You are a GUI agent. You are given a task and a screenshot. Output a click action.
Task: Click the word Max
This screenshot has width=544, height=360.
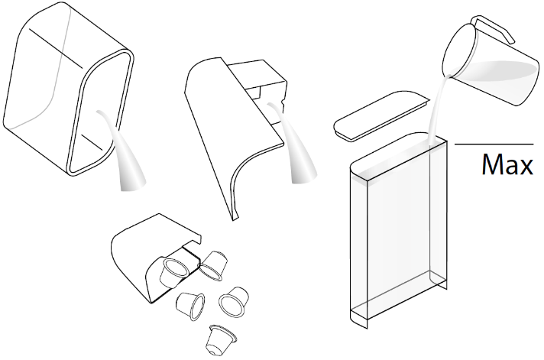pos(507,164)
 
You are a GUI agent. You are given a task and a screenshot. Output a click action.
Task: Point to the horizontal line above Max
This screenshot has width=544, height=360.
pos(494,144)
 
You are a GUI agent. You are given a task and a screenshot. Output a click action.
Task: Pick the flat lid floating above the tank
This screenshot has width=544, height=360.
pos(381,116)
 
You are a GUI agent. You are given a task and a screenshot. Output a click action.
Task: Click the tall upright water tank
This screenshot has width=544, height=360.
pos(398,229)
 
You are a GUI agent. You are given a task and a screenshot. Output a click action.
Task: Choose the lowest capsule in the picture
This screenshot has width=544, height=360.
pos(221,340)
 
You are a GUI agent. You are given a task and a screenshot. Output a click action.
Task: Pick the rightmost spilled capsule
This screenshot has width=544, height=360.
pos(234,301)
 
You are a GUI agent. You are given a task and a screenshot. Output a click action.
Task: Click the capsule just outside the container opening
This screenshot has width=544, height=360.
pos(213,265)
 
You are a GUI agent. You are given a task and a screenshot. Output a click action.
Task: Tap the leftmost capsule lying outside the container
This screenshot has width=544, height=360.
pos(190,306)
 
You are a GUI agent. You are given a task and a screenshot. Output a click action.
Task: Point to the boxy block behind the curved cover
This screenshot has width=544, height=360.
pos(264,90)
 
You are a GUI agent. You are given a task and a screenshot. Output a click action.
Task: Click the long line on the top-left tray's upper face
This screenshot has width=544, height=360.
pos(56,49)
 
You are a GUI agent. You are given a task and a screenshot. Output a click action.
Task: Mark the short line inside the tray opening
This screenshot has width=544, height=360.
pos(92,142)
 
